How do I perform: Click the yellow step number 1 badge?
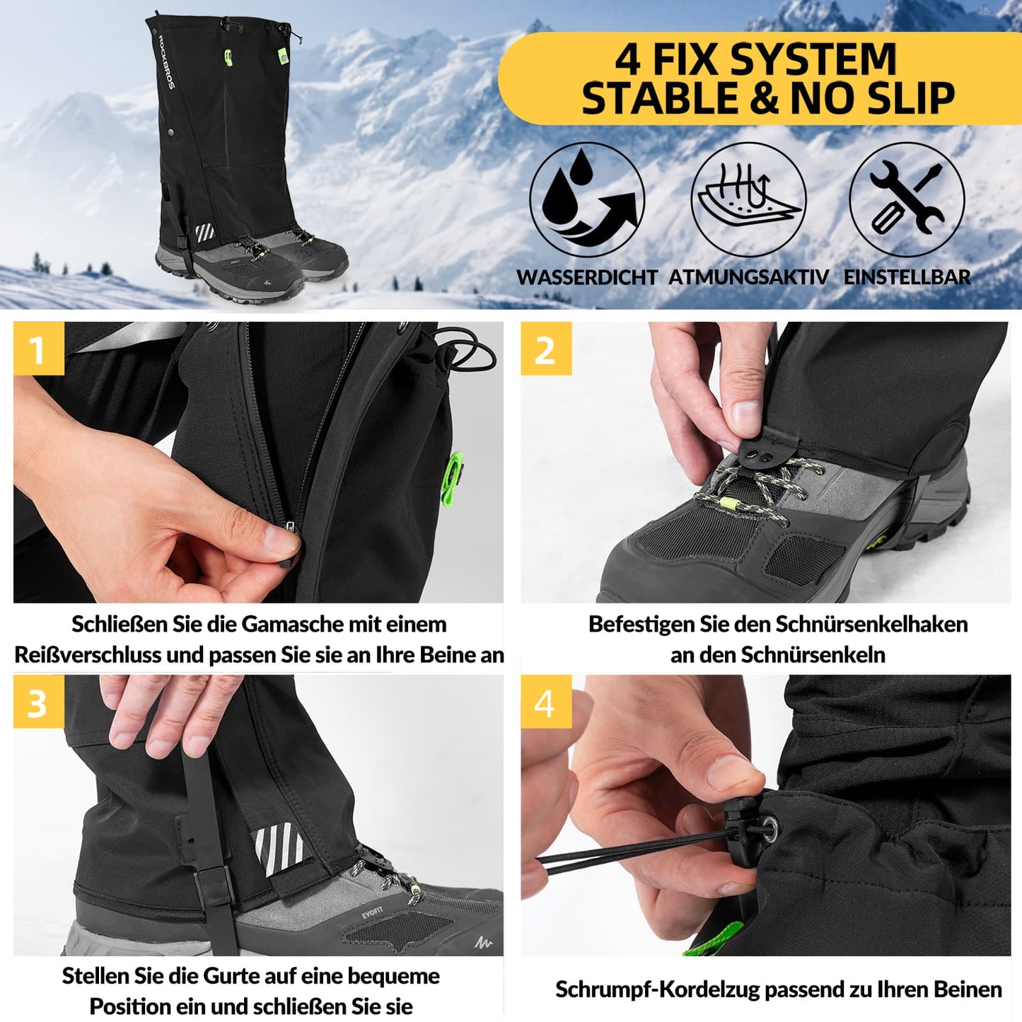[x=38, y=349]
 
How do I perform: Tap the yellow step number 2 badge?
[x=545, y=349]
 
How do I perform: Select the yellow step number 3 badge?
[x=38, y=702]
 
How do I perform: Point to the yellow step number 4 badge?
[x=545, y=702]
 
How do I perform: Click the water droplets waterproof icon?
[x=586, y=199]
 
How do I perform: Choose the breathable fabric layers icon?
[x=748, y=199]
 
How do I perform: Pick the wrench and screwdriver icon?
[x=907, y=199]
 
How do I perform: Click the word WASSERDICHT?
[x=587, y=277]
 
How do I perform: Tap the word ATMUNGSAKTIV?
[x=748, y=277]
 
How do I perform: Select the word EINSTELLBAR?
[x=907, y=277]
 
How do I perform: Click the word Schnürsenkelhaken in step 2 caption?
[x=871, y=625]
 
